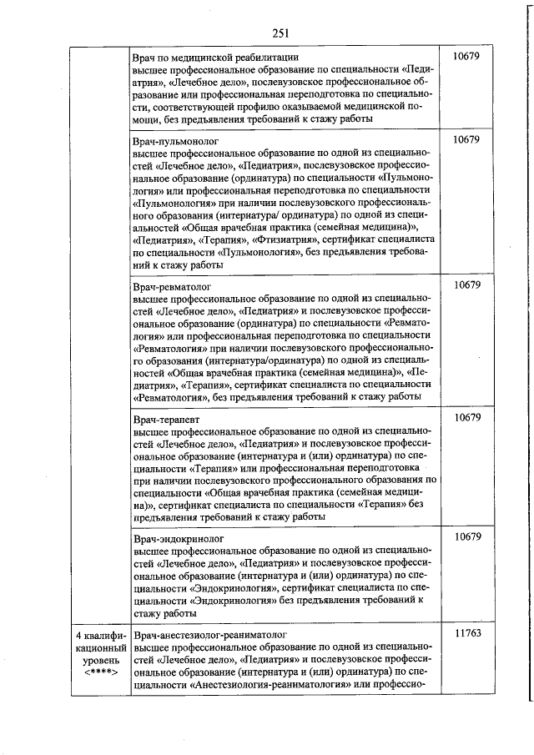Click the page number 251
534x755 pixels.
(x=280, y=33)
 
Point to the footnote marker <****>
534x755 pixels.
(x=99, y=673)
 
